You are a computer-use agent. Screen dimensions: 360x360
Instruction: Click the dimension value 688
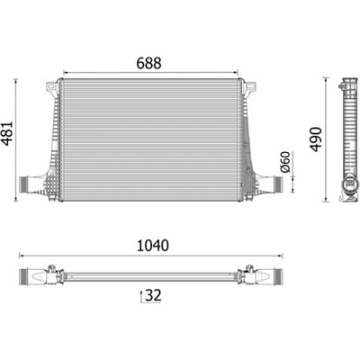149,63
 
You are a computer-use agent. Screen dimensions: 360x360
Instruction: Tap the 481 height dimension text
7,133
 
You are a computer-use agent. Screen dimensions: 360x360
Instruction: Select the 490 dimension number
316,139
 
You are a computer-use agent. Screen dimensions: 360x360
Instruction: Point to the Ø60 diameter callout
285,162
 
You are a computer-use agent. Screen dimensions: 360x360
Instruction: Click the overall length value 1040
153,246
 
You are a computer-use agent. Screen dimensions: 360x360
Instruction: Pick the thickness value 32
153,295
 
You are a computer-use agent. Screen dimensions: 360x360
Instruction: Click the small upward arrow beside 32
141,296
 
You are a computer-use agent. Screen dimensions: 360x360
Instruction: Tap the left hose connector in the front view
24,184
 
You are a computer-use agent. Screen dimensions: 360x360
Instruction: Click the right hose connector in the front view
277,183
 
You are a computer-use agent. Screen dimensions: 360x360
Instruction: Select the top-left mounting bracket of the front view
51,88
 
